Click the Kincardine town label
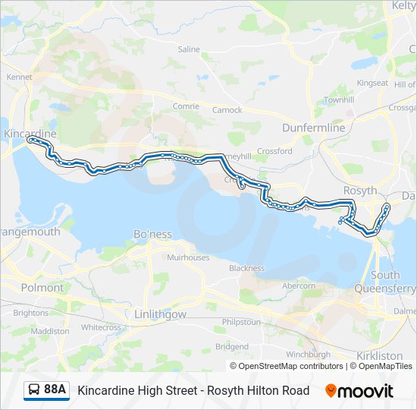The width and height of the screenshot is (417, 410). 30,134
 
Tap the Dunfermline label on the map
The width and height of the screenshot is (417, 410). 313,128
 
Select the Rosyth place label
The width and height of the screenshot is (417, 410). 359,191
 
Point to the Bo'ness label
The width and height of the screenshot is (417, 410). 152,234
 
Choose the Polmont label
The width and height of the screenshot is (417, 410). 42,288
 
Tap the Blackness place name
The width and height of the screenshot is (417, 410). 246,268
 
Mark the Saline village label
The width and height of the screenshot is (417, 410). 189,49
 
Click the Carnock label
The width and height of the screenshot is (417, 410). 227,110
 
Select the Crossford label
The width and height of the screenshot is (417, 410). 274,151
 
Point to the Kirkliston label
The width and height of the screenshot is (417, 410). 379,355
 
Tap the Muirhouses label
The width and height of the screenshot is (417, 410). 188,258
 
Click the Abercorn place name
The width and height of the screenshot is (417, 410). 298,286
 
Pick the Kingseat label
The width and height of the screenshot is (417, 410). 372,83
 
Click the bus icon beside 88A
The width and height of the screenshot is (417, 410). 34,390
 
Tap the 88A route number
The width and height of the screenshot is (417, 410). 55,390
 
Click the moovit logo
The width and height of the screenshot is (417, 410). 359,390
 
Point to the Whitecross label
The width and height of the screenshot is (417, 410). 101,327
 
